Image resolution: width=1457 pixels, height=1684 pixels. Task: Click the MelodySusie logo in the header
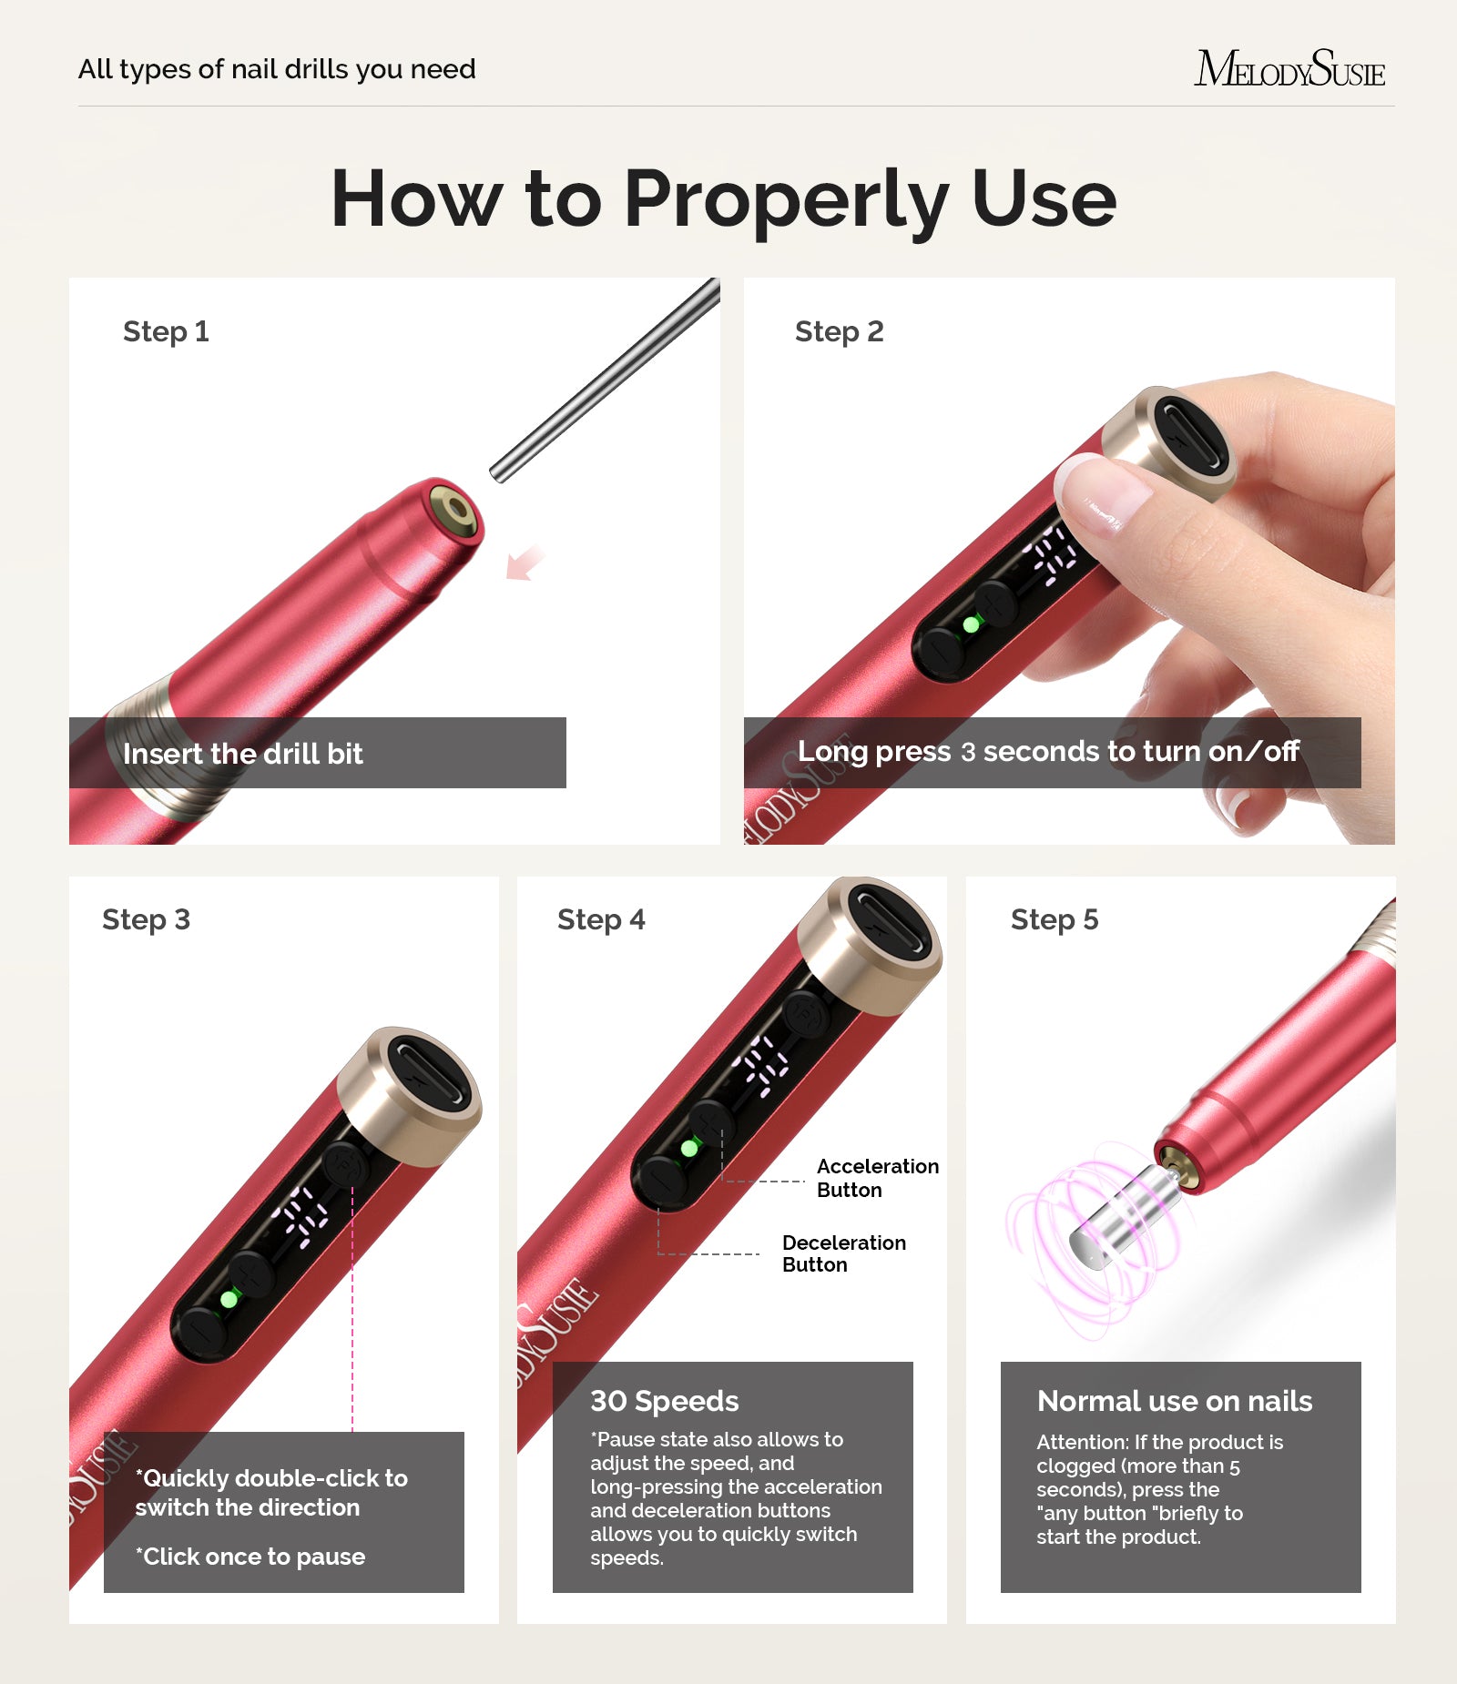coord(1289,69)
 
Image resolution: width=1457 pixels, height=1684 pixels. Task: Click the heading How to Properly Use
coord(724,198)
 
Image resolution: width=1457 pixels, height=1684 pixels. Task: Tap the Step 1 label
coord(166,331)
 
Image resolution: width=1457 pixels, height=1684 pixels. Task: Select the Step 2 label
coord(839,331)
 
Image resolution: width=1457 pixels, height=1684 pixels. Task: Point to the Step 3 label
coord(146,919)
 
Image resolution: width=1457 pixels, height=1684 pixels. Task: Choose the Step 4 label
coord(601,919)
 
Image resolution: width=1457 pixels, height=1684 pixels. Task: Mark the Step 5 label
coord(1055,919)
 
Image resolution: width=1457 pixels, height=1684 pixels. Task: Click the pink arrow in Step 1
coord(525,563)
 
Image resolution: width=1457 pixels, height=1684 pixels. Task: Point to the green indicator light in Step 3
coord(229,1299)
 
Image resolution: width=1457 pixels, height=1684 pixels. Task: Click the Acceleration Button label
coord(877,1178)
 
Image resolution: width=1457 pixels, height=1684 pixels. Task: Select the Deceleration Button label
coord(843,1253)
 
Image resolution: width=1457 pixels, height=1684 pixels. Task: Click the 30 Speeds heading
coord(665,1401)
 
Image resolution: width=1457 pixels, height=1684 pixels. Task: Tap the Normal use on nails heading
coord(1175,1401)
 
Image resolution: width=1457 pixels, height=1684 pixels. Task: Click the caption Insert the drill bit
coord(243,754)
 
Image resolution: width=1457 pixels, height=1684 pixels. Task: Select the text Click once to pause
coord(251,1557)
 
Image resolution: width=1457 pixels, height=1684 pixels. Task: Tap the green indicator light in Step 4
coord(689,1149)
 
